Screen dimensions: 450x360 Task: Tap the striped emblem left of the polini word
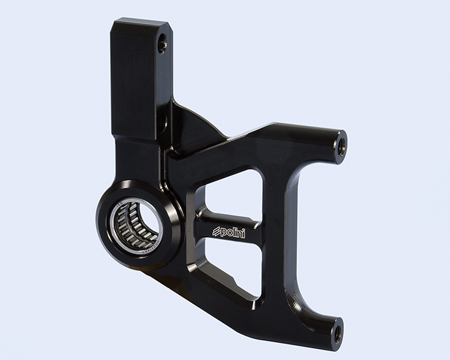click(216, 231)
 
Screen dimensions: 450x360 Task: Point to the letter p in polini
click(223, 232)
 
